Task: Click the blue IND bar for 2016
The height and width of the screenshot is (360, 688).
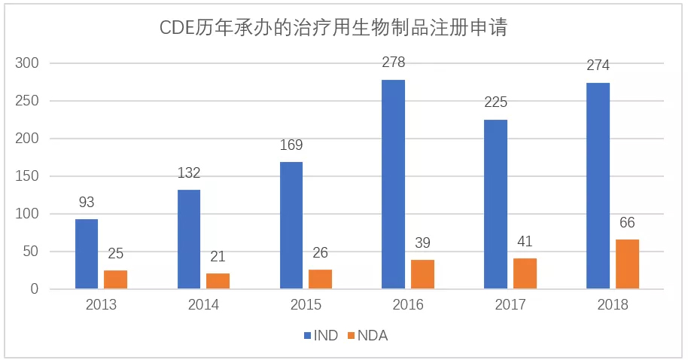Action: coord(393,185)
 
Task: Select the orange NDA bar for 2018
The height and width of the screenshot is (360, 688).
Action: coord(627,264)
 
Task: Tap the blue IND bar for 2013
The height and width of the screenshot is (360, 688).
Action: coord(87,254)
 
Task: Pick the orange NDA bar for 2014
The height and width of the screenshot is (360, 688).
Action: coord(218,281)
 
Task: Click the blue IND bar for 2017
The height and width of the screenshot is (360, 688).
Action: coord(495,204)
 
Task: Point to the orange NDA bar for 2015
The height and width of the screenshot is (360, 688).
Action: coord(320,279)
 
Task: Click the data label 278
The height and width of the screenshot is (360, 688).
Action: coord(393,63)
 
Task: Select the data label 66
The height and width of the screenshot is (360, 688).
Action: coord(627,223)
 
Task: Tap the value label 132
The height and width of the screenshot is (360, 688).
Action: coord(189,173)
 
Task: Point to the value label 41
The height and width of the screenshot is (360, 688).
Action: coord(525,242)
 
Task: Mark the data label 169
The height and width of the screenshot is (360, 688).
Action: coord(291,145)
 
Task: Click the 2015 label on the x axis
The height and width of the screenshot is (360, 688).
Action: coord(306,305)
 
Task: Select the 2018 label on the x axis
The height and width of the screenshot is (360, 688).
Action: coord(612,305)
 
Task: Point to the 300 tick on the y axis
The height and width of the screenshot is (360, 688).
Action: coord(28,63)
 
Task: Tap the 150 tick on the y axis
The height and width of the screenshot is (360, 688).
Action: coord(28,176)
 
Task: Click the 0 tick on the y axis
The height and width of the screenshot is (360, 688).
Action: coord(35,289)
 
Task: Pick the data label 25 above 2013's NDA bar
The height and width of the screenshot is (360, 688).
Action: coord(116,254)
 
